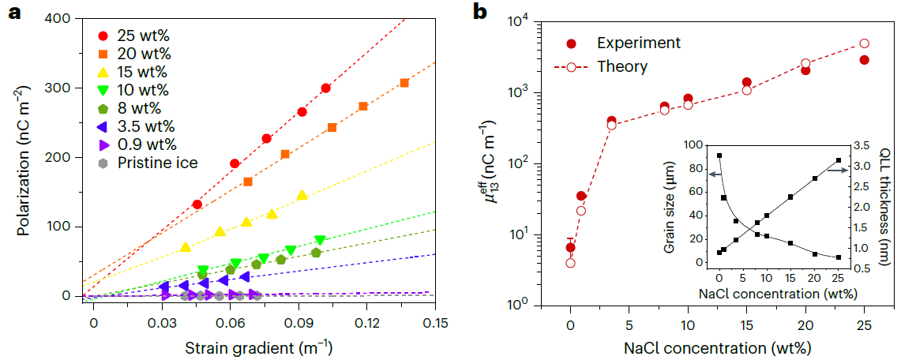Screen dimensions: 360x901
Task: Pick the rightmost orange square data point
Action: point(404,83)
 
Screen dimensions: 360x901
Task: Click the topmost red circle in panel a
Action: point(325,88)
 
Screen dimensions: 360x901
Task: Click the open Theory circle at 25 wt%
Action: point(865,43)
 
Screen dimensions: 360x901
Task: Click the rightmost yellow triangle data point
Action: point(302,195)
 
